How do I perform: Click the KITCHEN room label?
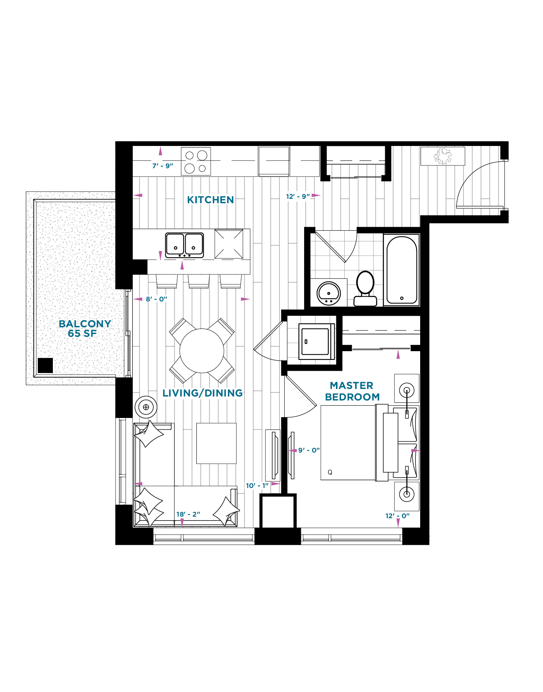pos(210,200)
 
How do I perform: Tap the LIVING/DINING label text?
pos(202,393)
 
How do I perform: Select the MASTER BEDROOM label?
pos(352,391)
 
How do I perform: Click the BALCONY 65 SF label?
pos(84,329)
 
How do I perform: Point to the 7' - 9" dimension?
pos(163,166)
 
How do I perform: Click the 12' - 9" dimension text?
pos(298,196)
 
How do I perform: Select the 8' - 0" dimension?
pos(156,299)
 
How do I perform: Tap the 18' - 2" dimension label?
pos(188,514)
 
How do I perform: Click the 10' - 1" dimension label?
pos(257,486)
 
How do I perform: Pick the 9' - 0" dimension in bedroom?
pos(309,450)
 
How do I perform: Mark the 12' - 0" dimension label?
pos(397,516)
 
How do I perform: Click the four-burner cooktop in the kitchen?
pos(196,161)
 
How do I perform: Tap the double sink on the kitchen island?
pos(184,245)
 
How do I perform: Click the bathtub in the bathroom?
pos(401,270)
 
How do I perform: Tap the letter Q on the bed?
pos(330,472)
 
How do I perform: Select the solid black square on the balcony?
pos(45,365)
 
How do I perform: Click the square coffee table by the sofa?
pos(216,443)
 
